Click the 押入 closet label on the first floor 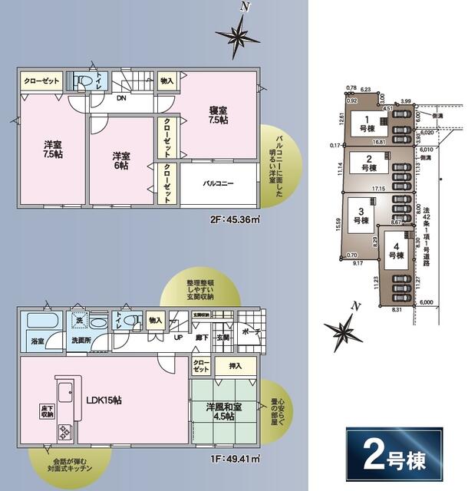pyautogui.click(x=225, y=367)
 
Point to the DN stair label pyautogui.click(x=121, y=98)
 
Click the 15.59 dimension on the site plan pyautogui.click(x=338, y=223)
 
